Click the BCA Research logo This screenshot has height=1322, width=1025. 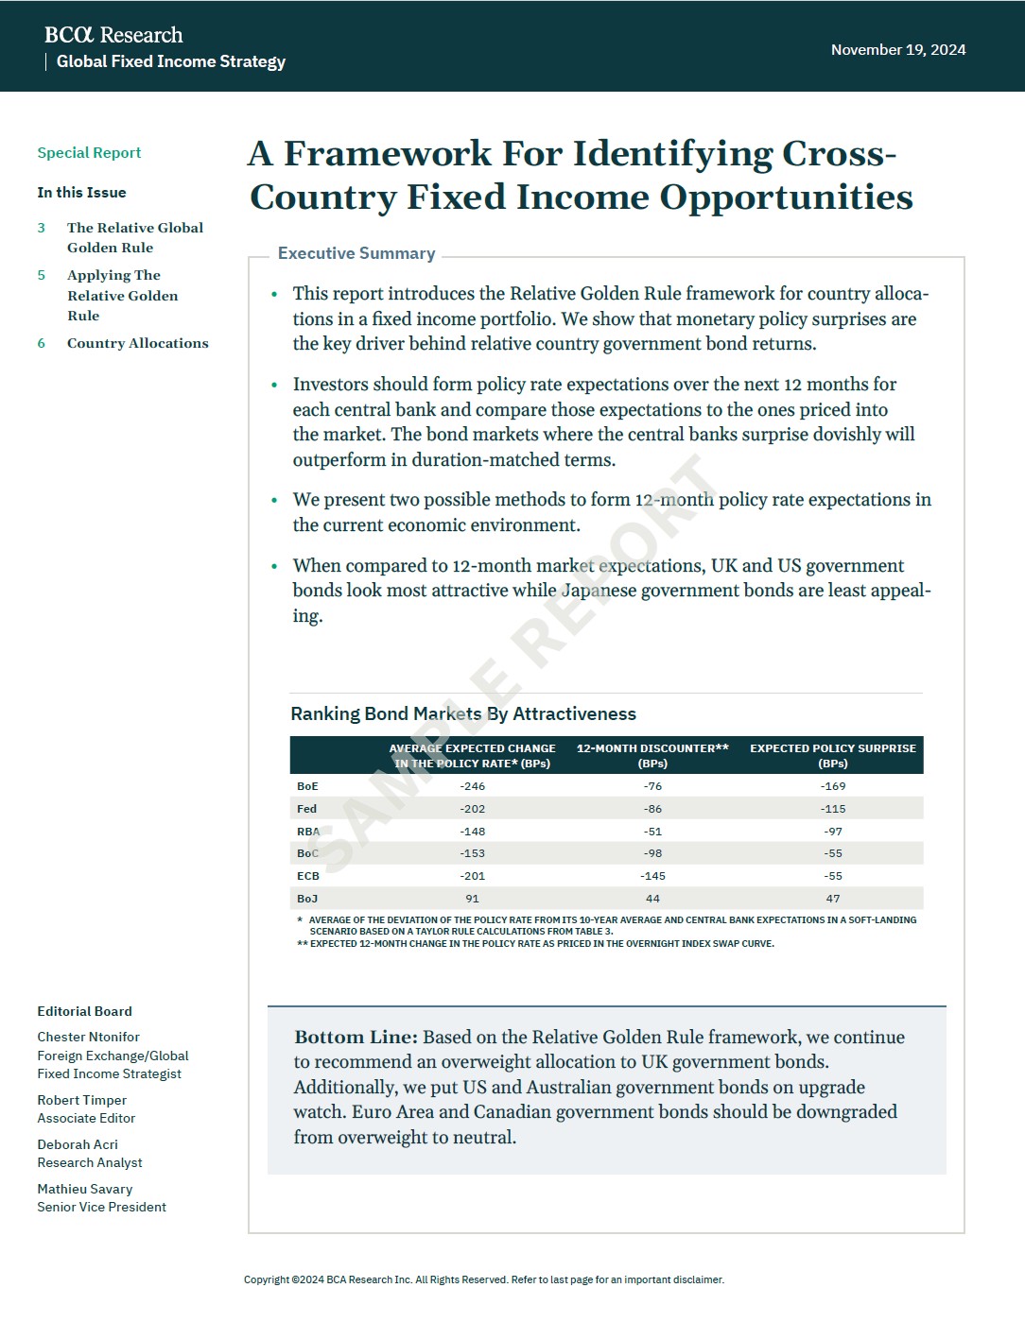tap(113, 35)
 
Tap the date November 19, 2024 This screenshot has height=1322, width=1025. tap(898, 50)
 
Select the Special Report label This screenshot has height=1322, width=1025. tap(89, 153)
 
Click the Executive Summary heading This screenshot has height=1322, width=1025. tap(356, 253)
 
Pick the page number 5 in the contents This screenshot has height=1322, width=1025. tap(42, 275)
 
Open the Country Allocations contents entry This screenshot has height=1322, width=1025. tap(138, 343)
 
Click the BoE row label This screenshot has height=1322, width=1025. tap(307, 786)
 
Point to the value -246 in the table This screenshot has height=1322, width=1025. tap(472, 786)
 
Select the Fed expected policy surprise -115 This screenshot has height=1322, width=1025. tap(833, 809)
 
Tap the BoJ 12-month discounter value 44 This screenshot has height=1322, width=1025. tap(652, 899)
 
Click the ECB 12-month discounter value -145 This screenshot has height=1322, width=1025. tap(652, 876)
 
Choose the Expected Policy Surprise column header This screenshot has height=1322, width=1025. tap(833, 755)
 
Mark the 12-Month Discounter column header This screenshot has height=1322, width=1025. tap(652, 755)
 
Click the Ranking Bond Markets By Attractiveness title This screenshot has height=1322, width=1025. tap(463, 714)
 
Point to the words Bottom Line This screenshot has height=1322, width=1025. tap(356, 1038)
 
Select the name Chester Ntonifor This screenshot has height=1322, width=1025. tap(88, 1037)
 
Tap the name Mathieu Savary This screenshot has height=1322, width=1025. tap(85, 1189)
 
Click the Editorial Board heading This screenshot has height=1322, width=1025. tap(84, 1011)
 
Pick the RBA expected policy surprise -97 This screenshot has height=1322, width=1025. tap(833, 832)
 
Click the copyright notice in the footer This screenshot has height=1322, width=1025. tap(484, 1279)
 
